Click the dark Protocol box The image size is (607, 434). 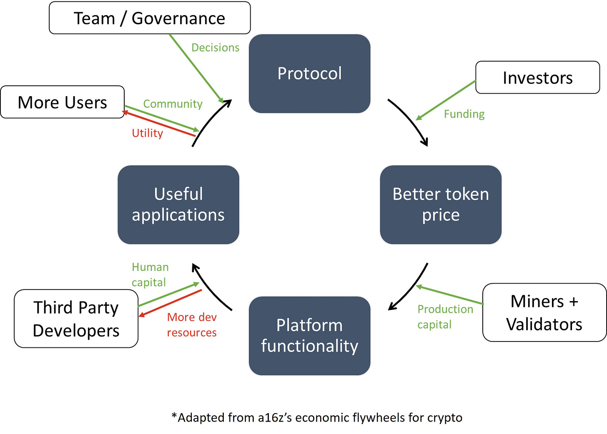(309, 73)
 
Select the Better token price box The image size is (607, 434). (441, 205)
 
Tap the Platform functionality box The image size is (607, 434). (309, 336)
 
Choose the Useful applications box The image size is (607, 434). (178, 205)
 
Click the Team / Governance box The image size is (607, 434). (150, 18)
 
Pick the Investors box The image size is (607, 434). (538, 77)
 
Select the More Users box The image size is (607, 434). (63, 102)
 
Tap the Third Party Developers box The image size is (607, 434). (76, 319)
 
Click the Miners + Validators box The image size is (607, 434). (544, 312)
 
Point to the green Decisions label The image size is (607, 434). (216, 47)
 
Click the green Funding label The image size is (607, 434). (464, 114)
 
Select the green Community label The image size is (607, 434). (173, 104)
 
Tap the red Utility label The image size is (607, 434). (148, 133)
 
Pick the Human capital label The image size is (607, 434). (150, 274)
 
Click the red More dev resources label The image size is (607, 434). (192, 324)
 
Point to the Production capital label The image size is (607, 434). (445, 317)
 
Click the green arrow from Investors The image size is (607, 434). (446, 100)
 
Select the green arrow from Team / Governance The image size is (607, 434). (197, 68)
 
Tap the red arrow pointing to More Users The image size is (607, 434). (159, 123)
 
